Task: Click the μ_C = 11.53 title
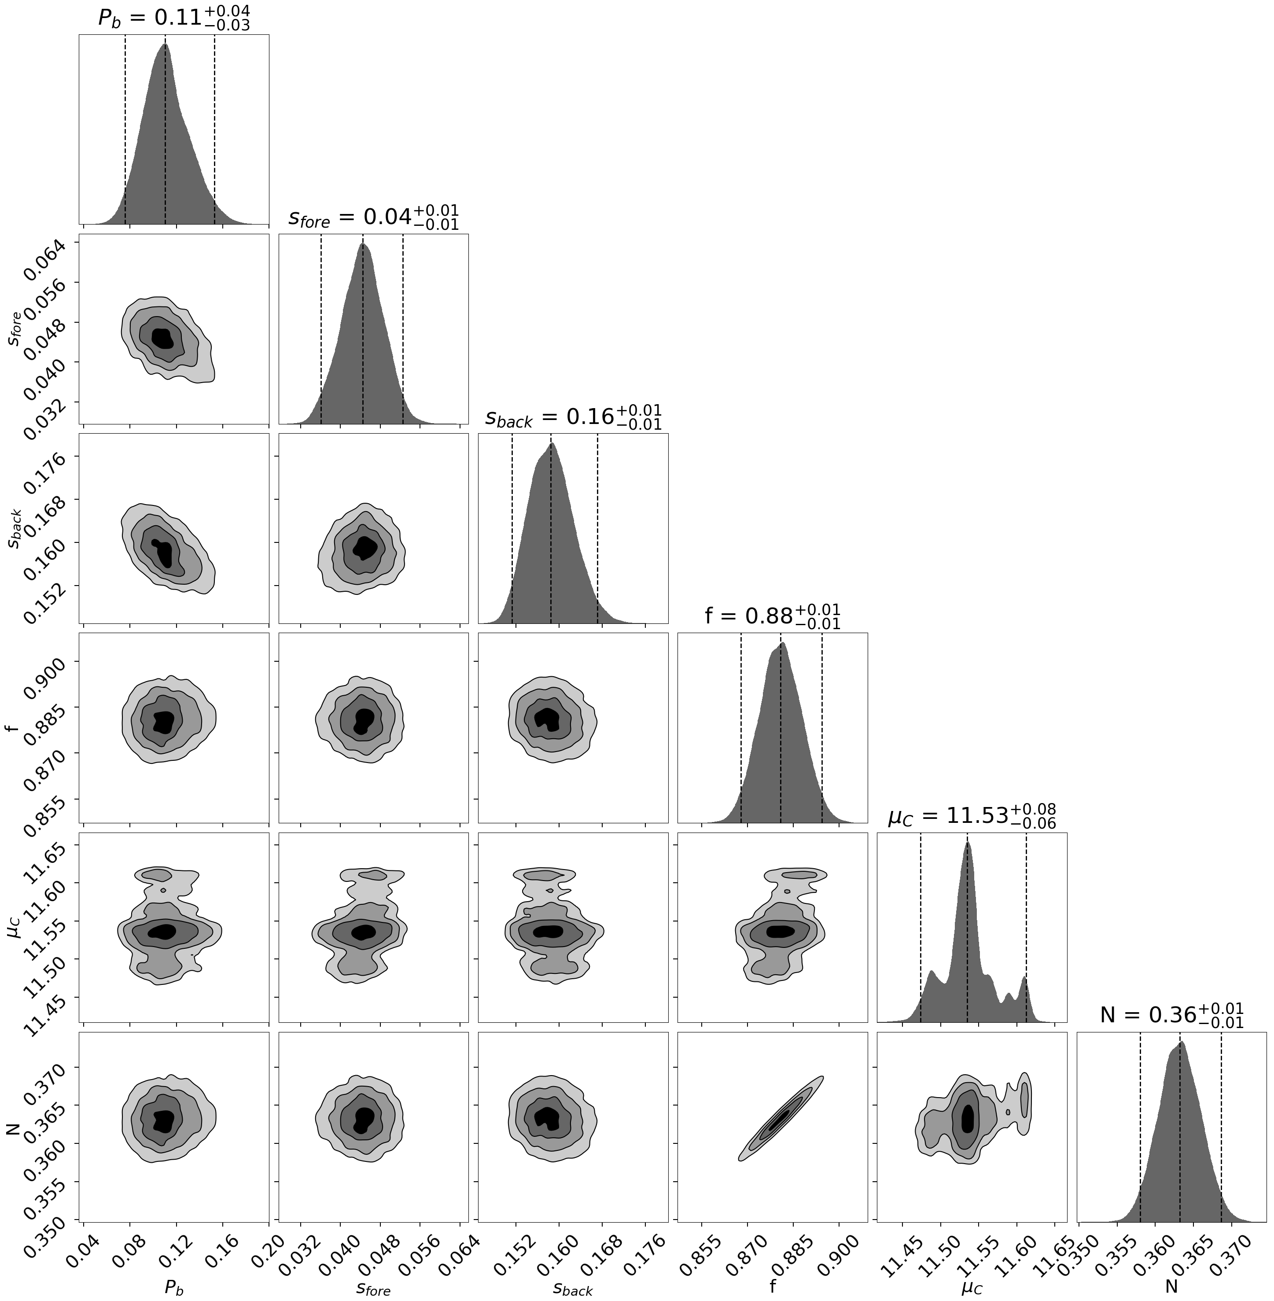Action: click(x=972, y=816)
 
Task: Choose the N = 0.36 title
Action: click(x=1171, y=1015)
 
